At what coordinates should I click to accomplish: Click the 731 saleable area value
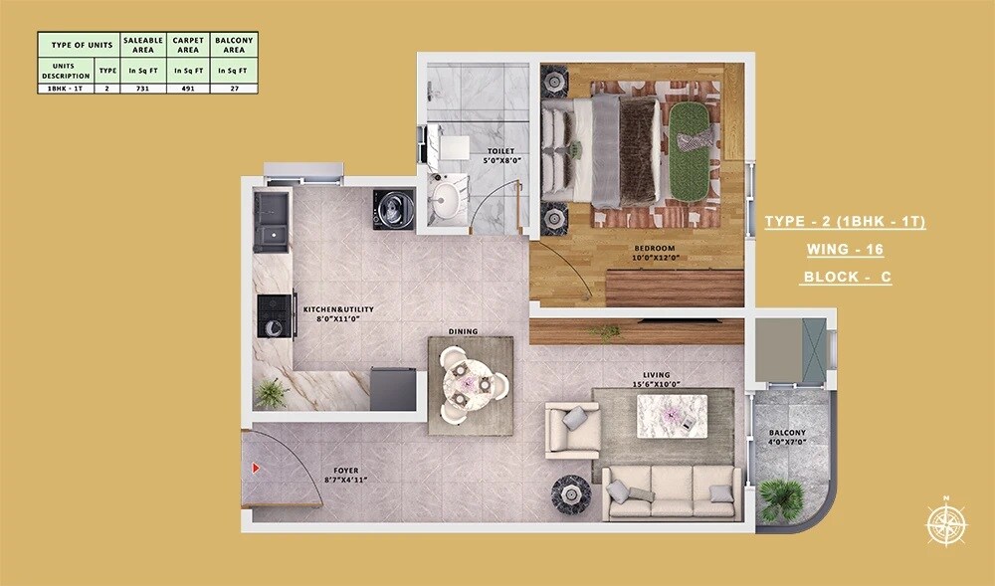[x=142, y=89]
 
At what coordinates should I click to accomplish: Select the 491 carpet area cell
[x=188, y=89]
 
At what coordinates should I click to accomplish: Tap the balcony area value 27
[x=234, y=89]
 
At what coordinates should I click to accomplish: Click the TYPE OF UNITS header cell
[x=79, y=44]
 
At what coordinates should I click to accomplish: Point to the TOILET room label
[x=501, y=155]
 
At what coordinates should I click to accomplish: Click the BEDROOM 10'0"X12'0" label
[x=654, y=253]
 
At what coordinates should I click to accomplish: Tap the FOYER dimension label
[x=346, y=476]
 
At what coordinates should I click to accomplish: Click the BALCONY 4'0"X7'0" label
[x=787, y=438]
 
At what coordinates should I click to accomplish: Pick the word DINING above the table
[x=463, y=331]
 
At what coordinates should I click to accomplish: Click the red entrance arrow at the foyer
[x=257, y=467]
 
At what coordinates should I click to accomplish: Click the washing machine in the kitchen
[x=394, y=209]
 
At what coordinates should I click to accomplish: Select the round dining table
[x=471, y=381]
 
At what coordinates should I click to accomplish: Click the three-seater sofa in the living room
[x=672, y=490]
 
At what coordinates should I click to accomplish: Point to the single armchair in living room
[x=572, y=429]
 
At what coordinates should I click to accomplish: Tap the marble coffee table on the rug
[x=672, y=411]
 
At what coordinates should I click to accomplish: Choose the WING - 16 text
[x=844, y=250]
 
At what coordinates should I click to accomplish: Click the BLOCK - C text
[x=845, y=278]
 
